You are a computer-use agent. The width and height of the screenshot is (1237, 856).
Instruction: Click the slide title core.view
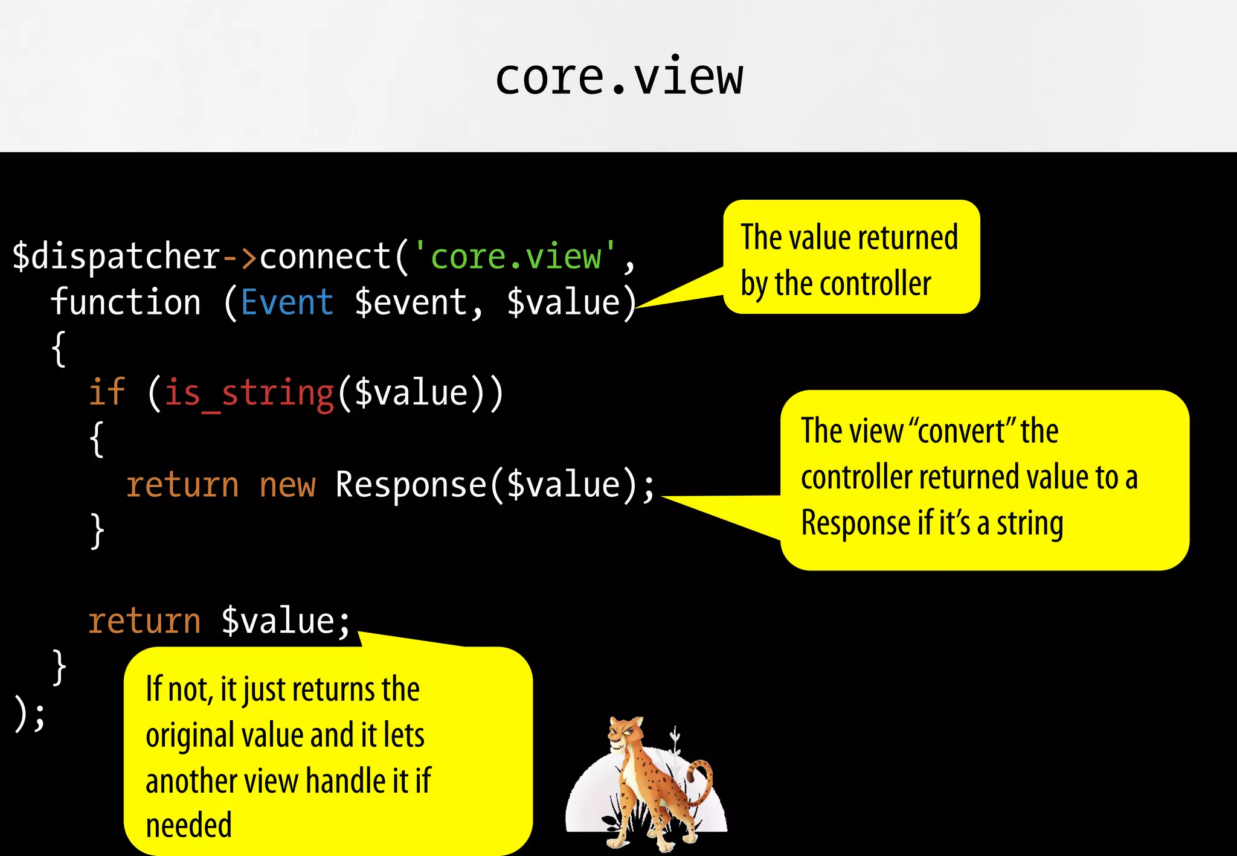point(618,78)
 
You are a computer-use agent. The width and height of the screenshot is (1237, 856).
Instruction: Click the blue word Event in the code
point(287,302)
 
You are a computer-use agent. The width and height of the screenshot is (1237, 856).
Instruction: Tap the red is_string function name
point(249,394)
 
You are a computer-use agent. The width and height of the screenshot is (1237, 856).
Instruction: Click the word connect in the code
point(326,257)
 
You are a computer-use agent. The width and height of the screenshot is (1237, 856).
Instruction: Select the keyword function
point(126,302)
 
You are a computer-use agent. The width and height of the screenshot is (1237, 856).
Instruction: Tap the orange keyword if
point(107,392)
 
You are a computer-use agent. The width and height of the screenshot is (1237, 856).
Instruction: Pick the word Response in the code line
point(411,485)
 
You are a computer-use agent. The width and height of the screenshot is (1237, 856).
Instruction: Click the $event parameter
point(411,303)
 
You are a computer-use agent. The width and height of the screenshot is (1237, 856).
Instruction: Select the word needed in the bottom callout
point(188,826)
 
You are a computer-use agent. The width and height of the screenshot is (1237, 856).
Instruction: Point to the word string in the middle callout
point(1030,523)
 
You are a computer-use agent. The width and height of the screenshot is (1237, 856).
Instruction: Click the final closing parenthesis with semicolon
point(29,714)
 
